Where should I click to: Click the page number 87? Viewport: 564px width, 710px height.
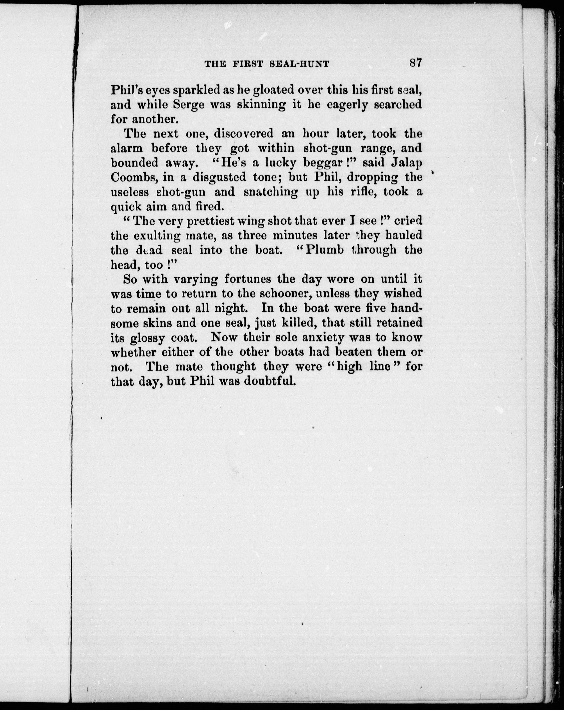[x=416, y=63]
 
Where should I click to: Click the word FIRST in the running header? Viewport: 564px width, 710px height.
[x=247, y=64]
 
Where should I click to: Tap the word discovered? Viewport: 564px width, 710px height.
[x=244, y=133]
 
